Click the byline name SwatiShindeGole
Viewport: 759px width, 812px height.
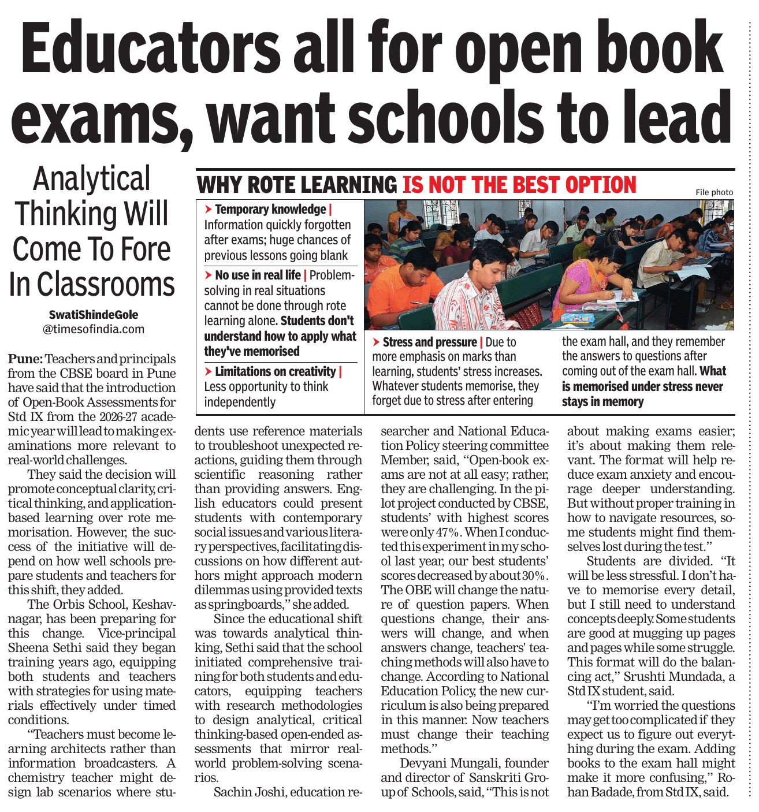[94, 315]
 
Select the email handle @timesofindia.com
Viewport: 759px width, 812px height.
[94, 329]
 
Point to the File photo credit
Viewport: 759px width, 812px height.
[714, 192]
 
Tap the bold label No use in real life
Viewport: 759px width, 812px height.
[258, 275]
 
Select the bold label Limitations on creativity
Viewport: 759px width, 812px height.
[275, 371]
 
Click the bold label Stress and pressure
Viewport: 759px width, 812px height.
[429, 342]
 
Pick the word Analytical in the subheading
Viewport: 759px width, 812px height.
[92, 179]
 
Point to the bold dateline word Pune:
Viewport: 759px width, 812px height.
[25, 359]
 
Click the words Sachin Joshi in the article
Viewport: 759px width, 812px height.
[250, 792]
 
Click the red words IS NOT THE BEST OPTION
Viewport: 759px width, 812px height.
[519, 185]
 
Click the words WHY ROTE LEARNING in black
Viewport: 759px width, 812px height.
[297, 185]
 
